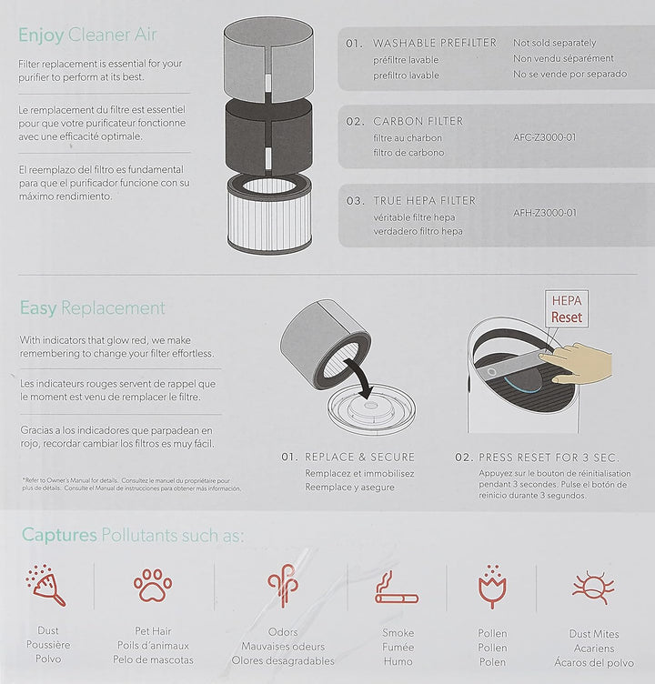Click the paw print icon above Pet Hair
tap(153, 585)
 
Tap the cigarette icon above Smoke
tap(397, 588)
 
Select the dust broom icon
tap(45, 586)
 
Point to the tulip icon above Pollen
tap(492, 588)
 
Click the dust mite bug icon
tap(593, 588)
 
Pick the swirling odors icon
tap(283, 586)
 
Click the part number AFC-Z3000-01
tap(545, 137)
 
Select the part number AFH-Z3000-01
tap(545, 213)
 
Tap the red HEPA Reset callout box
tap(567, 309)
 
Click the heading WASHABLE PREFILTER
tap(435, 43)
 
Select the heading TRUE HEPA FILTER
tap(424, 201)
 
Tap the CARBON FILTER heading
tap(418, 121)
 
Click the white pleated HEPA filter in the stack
tap(269, 214)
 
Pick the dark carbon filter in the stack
tap(268, 136)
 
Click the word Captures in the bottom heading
tap(59, 535)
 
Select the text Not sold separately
tap(554, 43)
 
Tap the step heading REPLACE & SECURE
tap(359, 457)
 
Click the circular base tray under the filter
tap(371, 409)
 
